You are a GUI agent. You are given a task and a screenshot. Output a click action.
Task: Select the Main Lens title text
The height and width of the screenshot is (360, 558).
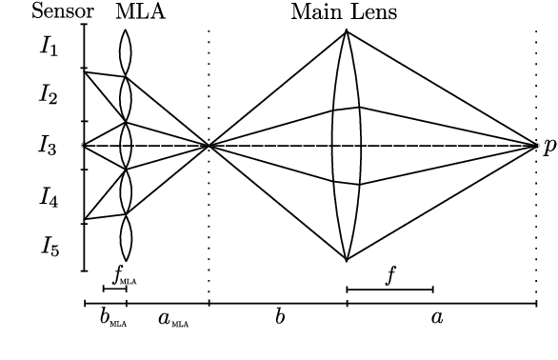[x=344, y=12]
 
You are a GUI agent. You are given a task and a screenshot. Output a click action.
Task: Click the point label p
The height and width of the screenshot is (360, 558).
[x=549, y=147]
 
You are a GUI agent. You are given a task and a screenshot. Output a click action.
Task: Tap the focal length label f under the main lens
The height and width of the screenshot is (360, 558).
[x=389, y=274]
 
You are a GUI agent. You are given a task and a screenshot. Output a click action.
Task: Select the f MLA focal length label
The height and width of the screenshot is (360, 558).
[x=125, y=275]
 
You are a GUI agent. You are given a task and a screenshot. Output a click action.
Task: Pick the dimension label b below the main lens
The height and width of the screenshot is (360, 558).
[x=280, y=316]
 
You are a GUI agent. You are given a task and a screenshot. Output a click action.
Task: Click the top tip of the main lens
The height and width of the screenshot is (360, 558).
[x=346, y=31]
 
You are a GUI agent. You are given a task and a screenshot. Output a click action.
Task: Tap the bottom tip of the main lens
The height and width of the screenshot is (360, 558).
[x=346, y=260]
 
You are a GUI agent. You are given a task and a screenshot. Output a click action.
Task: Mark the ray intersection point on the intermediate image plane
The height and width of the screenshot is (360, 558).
[x=209, y=146]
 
